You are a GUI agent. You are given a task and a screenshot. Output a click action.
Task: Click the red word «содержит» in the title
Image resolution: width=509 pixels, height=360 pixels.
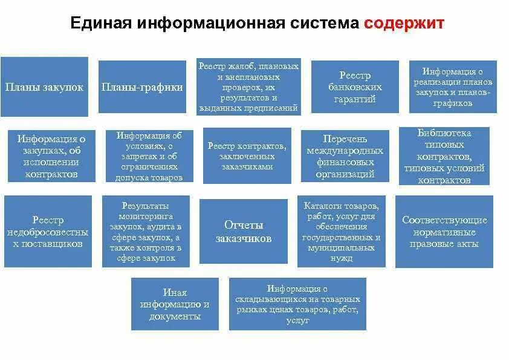[x=404, y=24]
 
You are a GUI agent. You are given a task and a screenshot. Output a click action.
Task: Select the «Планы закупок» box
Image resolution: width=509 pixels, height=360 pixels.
[x=44, y=87]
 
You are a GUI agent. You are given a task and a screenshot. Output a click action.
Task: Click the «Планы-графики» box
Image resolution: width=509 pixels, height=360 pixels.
[x=142, y=87]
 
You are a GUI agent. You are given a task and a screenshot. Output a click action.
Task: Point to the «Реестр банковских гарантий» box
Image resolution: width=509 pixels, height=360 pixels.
[x=355, y=87]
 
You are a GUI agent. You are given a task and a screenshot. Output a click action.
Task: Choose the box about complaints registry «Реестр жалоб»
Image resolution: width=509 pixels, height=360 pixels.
[x=248, y=87]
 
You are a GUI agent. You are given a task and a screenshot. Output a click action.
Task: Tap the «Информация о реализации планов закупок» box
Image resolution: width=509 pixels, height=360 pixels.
[x=453, y=87]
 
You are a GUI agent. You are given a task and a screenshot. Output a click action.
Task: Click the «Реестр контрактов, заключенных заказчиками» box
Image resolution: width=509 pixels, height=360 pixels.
[x=247, y=155]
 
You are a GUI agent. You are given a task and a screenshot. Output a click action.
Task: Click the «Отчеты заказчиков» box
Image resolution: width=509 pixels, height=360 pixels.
[x=244, y=231]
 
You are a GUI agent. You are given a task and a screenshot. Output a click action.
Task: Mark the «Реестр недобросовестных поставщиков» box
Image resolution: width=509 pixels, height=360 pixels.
[x=48, y=231]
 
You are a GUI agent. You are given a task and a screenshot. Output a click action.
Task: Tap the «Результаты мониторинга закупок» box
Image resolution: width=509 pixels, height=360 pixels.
[x=146, y=231]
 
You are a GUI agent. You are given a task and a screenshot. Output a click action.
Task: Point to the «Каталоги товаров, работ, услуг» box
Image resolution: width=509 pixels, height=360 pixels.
[x=342, y=231]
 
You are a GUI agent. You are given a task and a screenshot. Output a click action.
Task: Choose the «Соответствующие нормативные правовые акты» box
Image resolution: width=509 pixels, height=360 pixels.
[x=444, y=231]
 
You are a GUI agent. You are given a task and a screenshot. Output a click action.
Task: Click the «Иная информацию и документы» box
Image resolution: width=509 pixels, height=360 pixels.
[x=175, y=304]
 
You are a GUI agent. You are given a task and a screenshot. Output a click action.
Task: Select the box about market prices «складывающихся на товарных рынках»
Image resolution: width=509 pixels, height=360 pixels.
[x=298, y=304]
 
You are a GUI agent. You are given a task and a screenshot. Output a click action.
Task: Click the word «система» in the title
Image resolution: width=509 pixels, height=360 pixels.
[x=324, y=24]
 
